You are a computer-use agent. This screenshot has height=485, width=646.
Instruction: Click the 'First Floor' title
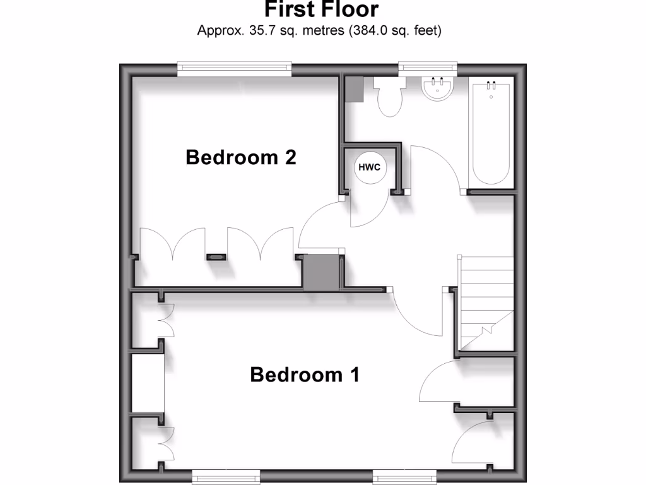point(321,9)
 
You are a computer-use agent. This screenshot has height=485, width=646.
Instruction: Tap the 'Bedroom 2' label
point(241,157)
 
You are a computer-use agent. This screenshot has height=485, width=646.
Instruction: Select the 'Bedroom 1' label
point(305,374)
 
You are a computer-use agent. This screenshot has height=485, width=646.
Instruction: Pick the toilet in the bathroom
point(388,97)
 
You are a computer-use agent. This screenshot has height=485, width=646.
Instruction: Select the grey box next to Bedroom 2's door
point(321,272)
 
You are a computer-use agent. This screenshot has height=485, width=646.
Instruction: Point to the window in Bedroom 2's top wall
point(234,69)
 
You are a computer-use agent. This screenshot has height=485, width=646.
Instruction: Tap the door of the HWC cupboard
point(366,212)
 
